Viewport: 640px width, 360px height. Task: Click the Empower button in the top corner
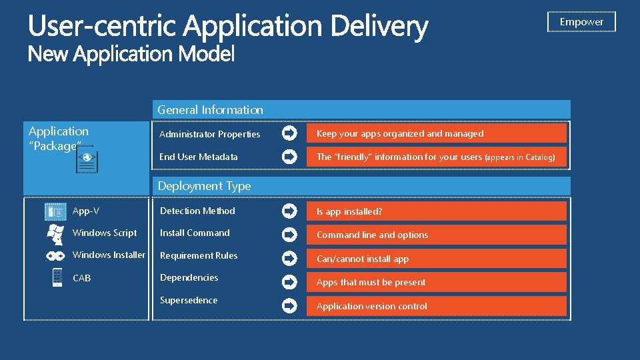point(581,22)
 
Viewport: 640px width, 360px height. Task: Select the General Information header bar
point(361,110)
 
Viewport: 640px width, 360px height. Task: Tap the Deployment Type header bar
point(361,186)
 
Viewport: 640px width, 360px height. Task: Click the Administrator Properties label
point(209,134)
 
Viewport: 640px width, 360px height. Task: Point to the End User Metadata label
point(198,157)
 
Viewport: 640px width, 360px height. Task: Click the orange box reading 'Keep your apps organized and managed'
point(436,133)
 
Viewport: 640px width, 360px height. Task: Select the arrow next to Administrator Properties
point(289,133)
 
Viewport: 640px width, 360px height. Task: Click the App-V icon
point(55,212)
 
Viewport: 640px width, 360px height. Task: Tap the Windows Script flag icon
point(55,233)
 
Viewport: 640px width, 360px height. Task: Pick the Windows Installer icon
point(55,255)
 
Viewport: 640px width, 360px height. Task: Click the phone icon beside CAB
point(57,277)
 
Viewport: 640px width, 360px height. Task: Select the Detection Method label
point(197,211)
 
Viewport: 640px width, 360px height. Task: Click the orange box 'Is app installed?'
point(436,211)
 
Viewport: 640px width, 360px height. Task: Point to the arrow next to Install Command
point(289,235)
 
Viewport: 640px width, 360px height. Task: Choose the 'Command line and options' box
point(436,235)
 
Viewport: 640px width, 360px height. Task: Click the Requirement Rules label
point(199,255)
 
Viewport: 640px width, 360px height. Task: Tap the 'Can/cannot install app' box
point(436,259)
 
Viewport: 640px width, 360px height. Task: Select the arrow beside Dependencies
point(289,282)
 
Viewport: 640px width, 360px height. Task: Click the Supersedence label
point(189,300)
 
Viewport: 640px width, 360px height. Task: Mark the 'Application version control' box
point(436,306)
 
